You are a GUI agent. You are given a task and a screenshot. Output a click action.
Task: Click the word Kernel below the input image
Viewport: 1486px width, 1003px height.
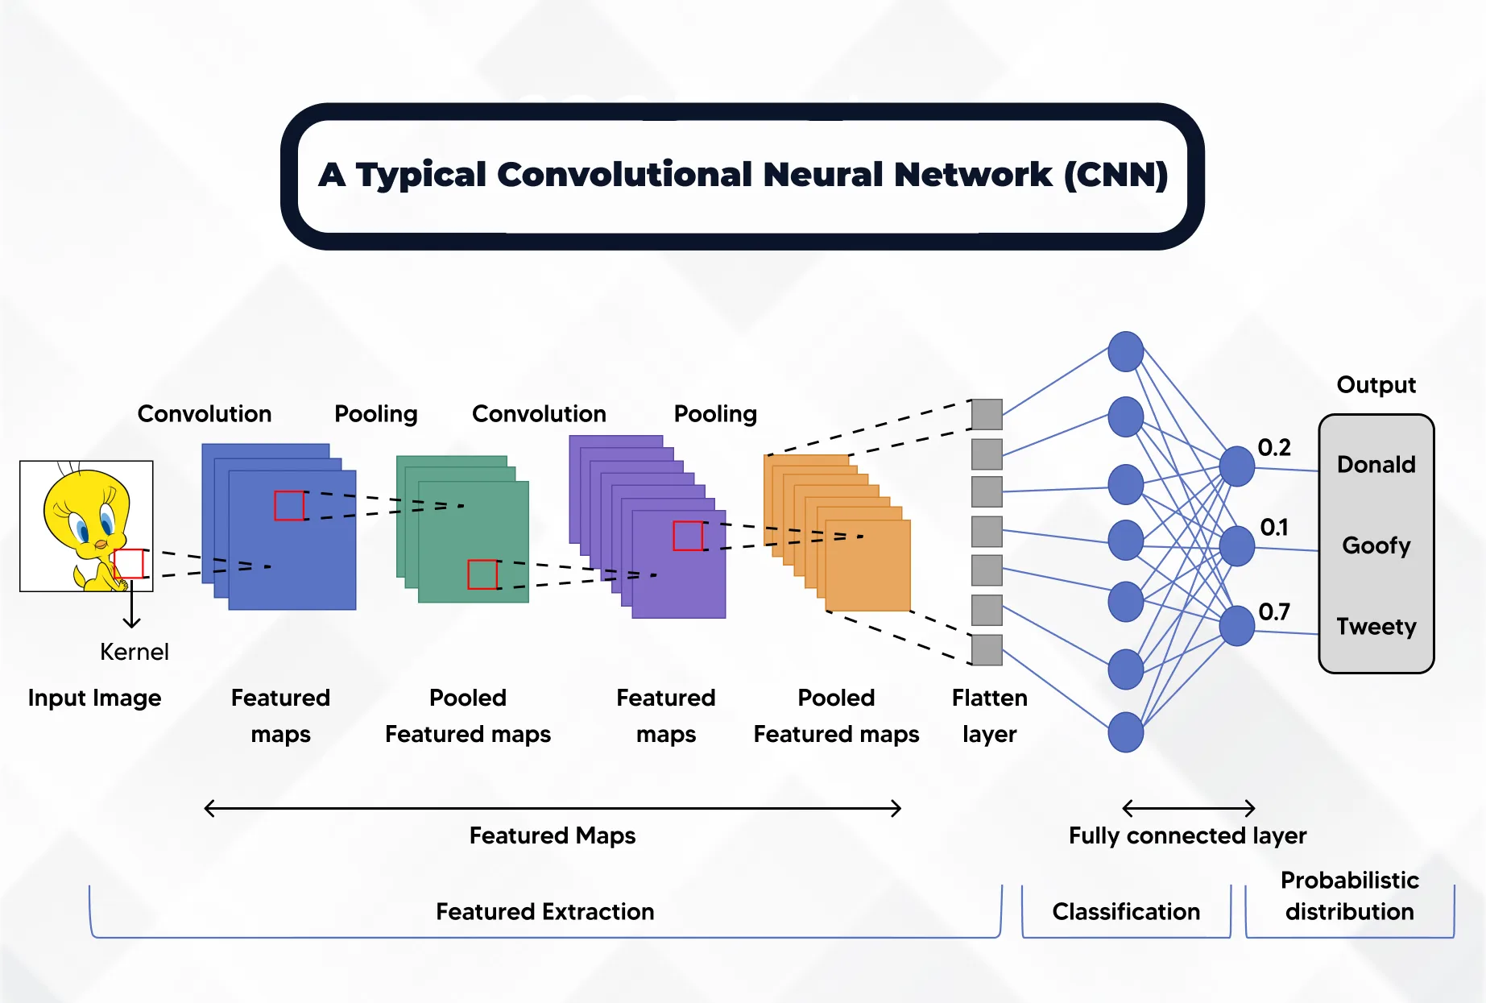point(134,651)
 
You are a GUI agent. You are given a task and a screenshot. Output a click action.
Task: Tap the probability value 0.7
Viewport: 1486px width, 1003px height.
point(1274,611)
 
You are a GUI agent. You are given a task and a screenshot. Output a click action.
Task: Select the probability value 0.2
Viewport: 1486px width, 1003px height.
point(1274,447)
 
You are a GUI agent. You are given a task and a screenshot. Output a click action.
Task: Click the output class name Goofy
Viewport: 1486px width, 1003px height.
point(1376,545)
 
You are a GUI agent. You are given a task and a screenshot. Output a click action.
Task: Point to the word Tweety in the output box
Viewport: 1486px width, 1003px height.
point(1376,626)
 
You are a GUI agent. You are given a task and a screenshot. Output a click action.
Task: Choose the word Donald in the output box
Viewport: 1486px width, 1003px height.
point(1376,464)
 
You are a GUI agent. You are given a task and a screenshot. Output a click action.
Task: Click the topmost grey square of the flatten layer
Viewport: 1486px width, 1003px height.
point(987,414)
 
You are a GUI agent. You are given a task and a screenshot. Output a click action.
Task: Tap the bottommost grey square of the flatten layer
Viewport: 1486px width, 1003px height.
point(987,650)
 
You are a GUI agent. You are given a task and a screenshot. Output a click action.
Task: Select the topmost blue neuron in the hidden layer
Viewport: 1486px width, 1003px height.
point(1125,351)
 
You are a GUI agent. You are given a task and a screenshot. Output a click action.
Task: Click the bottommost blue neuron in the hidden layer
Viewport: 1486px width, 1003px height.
point(1125,732)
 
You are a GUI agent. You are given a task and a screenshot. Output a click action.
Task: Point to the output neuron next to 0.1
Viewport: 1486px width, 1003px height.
point(1236,546)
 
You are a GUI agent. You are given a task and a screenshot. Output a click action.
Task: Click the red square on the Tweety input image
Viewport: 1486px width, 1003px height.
point(129,563)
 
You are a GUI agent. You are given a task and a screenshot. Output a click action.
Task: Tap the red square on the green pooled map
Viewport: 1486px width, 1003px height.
point(482,574)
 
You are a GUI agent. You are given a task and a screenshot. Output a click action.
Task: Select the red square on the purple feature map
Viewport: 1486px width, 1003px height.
point(688,536)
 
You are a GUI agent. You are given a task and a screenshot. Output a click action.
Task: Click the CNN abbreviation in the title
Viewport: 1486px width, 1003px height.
point(1116,175)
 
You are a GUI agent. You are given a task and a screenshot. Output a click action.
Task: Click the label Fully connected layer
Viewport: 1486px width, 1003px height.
point(1187,835)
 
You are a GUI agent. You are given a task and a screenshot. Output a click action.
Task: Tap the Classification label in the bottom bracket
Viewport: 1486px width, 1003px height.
point(1125,911)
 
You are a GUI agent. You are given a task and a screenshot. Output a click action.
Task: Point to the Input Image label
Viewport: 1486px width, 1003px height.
point(94,698)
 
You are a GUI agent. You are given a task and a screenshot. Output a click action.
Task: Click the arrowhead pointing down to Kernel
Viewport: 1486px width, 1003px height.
point(131,623)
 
